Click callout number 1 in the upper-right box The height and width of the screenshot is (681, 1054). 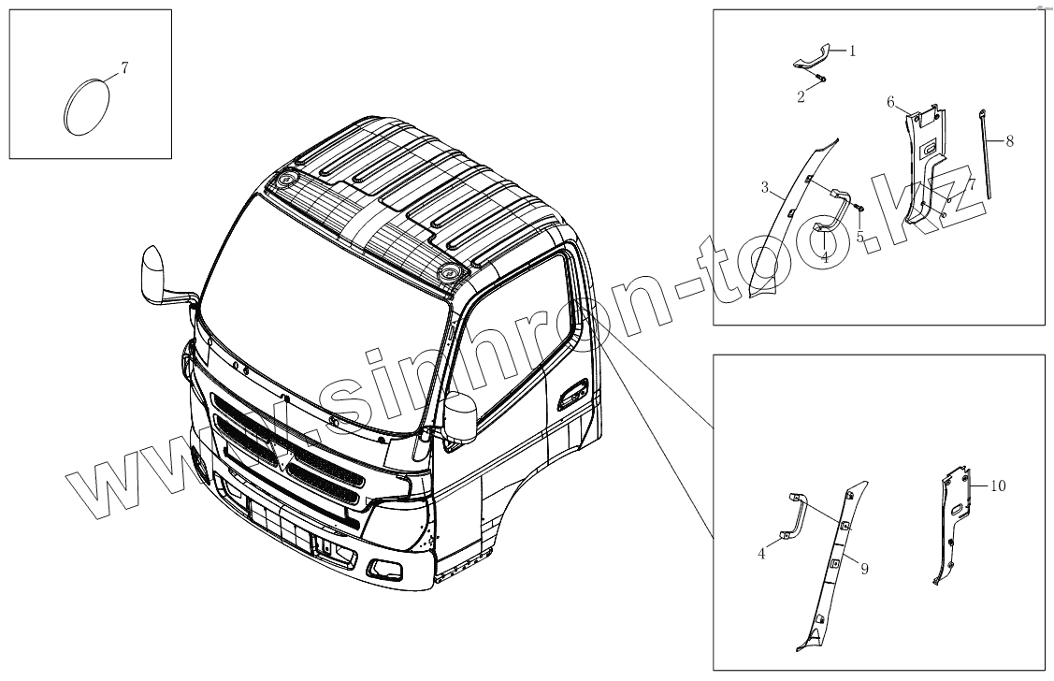pyautogui.click(x=852, y=51)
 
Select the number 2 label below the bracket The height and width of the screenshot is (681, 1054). pyautogui.click(x=801, y=96)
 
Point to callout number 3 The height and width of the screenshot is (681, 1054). pyautogui.click(x=764, y=189)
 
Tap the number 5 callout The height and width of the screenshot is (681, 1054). pyautogui.click(x=859, y=237)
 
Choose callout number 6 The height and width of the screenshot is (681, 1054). pyautogui.click(x=890, y=101)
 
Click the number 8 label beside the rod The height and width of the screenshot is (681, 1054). pyautogui.click(x=1009, y=141)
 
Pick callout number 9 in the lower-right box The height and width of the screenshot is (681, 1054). pyautogui.click(x=863, y=568)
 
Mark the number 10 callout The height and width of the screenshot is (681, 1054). pyautogui.click(x=998, y=486)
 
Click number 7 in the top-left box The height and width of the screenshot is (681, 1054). pyautogui.click(x=125, y=67)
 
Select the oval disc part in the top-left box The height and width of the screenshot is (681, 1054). pyautogui.click(x=86, y=104)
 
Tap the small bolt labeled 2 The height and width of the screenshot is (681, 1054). pyautogui.click(x=819, y=79)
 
